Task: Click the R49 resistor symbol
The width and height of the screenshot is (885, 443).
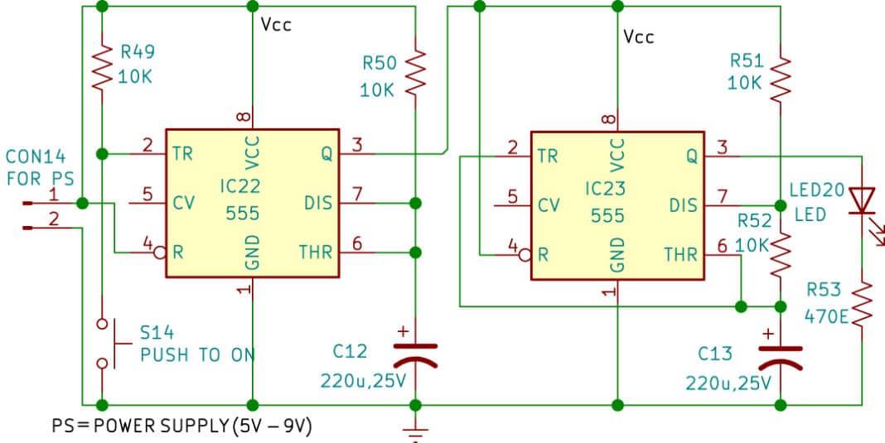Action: (101, 68)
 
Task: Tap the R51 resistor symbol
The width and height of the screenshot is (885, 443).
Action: (780, 76)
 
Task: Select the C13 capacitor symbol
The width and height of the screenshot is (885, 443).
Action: (780, 356)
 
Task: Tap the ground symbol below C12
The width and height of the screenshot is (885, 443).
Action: (414, 431)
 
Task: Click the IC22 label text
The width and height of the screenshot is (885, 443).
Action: (241, 188)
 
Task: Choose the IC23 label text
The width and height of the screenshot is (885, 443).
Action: (607, 188)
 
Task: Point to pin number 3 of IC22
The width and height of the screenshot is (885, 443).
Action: (357, 146)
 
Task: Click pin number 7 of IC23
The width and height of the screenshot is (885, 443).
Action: (722, 196)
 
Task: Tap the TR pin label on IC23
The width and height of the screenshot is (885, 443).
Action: (547, 155)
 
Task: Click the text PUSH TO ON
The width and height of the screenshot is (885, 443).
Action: (197, 355)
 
